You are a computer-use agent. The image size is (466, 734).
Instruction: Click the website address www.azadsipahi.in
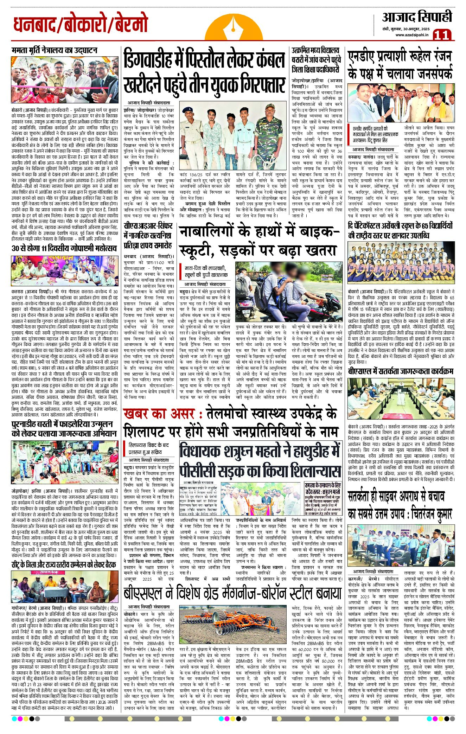pos(411,35)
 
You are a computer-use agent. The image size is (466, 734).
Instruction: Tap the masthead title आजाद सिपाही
pos(417,17)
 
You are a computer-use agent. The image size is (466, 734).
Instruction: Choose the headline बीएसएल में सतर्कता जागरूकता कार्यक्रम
pos(400,372)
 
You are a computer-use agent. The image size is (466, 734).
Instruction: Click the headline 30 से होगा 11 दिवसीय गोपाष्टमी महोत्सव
pos(64,248)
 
